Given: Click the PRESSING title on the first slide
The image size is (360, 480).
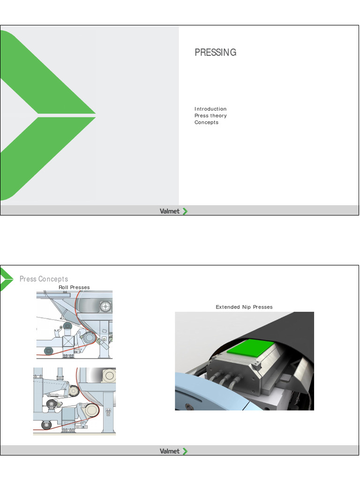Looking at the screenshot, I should click(x=215, y=52).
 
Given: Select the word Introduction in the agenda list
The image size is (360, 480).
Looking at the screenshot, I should click(x=210, y=109).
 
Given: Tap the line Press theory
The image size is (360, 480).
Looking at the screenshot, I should click(x=210, y=116).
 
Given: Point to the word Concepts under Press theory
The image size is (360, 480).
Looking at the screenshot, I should click(x=206, y=122).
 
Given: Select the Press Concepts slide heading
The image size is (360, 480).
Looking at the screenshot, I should click(x=44, y=279).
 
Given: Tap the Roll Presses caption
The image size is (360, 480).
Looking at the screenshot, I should click(x=74, y=287).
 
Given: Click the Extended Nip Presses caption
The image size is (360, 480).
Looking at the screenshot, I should click(x=244, y=307).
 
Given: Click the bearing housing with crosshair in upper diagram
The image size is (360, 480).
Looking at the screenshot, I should click(x=106, y=306).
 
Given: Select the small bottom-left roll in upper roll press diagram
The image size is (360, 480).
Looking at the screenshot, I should click(x=48, y=351).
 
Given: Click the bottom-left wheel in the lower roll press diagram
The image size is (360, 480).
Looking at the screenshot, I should click(x=46, y=425).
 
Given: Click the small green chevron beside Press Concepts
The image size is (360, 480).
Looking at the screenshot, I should click(x=7, y=279).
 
